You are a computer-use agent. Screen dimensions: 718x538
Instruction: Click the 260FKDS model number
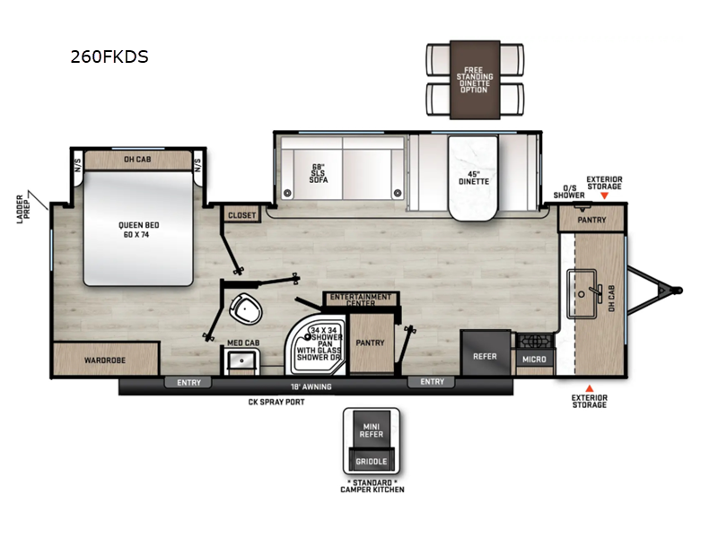point(109,56)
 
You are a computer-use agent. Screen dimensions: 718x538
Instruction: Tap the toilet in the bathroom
point(246,308)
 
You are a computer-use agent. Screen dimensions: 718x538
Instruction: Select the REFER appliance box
point(485,352)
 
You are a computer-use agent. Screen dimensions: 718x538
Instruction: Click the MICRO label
point(534,360)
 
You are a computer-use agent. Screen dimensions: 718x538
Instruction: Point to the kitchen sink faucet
point(598,292)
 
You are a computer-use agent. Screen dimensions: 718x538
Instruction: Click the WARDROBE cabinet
point(106,360)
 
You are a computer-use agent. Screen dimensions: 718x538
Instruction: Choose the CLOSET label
point(241,215)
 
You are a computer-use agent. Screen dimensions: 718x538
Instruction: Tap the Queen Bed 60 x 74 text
point(138,230)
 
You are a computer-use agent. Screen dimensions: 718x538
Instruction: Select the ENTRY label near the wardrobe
point(188,383)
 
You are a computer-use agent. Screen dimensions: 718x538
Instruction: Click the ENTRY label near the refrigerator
point(433,382)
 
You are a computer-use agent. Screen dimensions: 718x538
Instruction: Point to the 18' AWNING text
point(311,386)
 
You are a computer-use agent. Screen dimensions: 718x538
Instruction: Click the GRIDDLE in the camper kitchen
point(372,461)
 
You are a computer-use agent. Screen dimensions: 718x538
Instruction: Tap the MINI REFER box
point(372,430)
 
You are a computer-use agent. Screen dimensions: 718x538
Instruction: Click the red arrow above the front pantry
point(604,195)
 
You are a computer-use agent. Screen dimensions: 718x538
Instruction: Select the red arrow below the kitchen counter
point(590,388)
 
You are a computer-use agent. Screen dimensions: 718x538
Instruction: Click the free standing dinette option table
point(475,80)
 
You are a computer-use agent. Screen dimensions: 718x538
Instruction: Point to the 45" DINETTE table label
point(474,178)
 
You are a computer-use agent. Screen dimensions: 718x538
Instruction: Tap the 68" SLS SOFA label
point(319,173)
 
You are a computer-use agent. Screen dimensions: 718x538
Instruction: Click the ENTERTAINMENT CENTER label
point(361,299)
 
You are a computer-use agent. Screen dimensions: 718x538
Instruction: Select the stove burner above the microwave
point(534,341)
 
